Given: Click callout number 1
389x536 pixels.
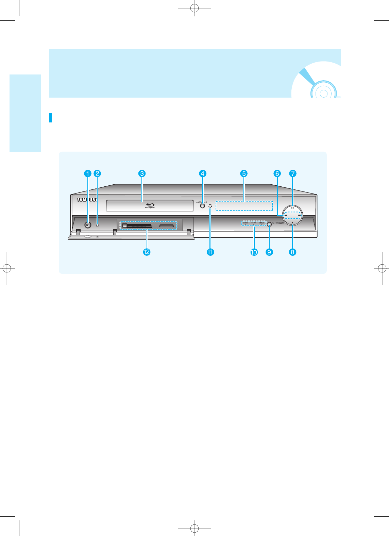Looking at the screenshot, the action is tap(88, 173).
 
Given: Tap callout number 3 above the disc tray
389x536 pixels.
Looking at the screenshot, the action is tap(142, 173).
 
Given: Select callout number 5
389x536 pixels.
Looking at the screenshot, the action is tap(244, 173).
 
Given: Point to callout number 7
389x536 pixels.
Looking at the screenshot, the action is tap(293, 173).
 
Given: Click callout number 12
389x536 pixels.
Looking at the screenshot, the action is tap(147, 252).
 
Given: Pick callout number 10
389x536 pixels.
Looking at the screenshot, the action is tap(254, 252).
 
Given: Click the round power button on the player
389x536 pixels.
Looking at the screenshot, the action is tap(88, 225).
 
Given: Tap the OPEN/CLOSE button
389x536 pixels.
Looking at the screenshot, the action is tap(203, 205).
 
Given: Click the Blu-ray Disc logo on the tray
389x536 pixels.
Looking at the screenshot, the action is tap(150, 205).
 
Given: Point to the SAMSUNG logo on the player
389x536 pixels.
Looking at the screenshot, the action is tap(87, 200).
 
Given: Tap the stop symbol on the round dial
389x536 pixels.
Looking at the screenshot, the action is tap(292, 223).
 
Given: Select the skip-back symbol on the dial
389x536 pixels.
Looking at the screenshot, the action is tap(286, 215).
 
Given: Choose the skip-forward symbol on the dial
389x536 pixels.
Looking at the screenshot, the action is tap(299, 215).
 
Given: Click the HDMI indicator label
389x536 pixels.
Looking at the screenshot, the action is tap(246, 223).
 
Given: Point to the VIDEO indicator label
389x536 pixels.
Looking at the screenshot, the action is tap(261, 223).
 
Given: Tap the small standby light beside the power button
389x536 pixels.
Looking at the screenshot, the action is tap(98, 225).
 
